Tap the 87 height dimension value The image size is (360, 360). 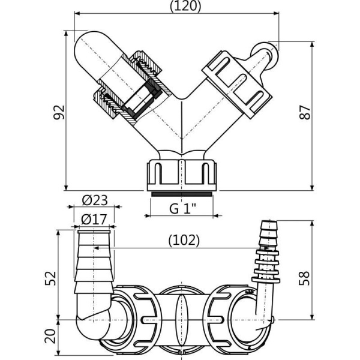[306, 112]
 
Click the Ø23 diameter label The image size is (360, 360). [94, 200]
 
